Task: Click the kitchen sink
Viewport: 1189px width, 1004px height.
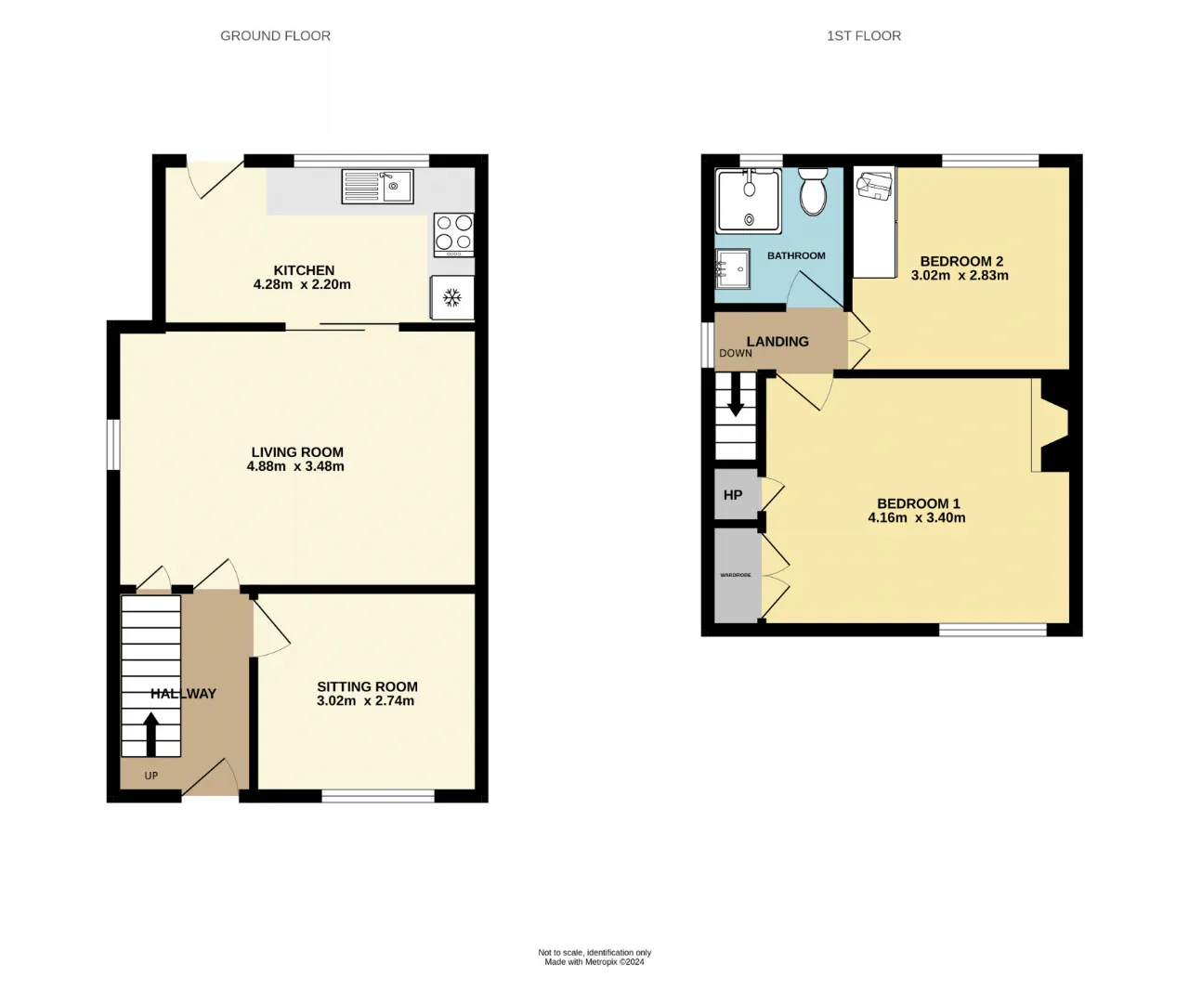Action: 377,187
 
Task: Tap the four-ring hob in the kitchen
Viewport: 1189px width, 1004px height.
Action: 454,235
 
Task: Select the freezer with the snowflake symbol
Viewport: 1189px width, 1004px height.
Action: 452,298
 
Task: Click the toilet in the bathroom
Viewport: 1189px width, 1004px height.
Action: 813,191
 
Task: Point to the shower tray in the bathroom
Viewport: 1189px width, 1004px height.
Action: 749,201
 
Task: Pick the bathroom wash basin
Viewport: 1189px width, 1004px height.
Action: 733,268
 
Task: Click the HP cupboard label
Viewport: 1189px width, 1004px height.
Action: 733,495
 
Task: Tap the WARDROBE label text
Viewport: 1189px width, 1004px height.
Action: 736,575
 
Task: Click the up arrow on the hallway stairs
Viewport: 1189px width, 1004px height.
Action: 150,734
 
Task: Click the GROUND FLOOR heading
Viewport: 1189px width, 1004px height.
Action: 276,36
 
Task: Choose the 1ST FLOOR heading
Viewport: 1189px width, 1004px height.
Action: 864,36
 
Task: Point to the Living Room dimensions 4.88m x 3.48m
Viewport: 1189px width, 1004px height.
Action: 295,466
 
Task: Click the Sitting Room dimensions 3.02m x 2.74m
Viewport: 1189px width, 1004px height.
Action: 366,701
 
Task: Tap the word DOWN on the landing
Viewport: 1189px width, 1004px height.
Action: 736,353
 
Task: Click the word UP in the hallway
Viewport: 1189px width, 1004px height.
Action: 150,776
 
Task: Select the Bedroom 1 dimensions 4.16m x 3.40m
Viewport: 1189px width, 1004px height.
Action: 917,517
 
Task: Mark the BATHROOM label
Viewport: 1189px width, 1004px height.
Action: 796,255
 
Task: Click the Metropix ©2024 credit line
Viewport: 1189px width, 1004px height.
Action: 594,962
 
